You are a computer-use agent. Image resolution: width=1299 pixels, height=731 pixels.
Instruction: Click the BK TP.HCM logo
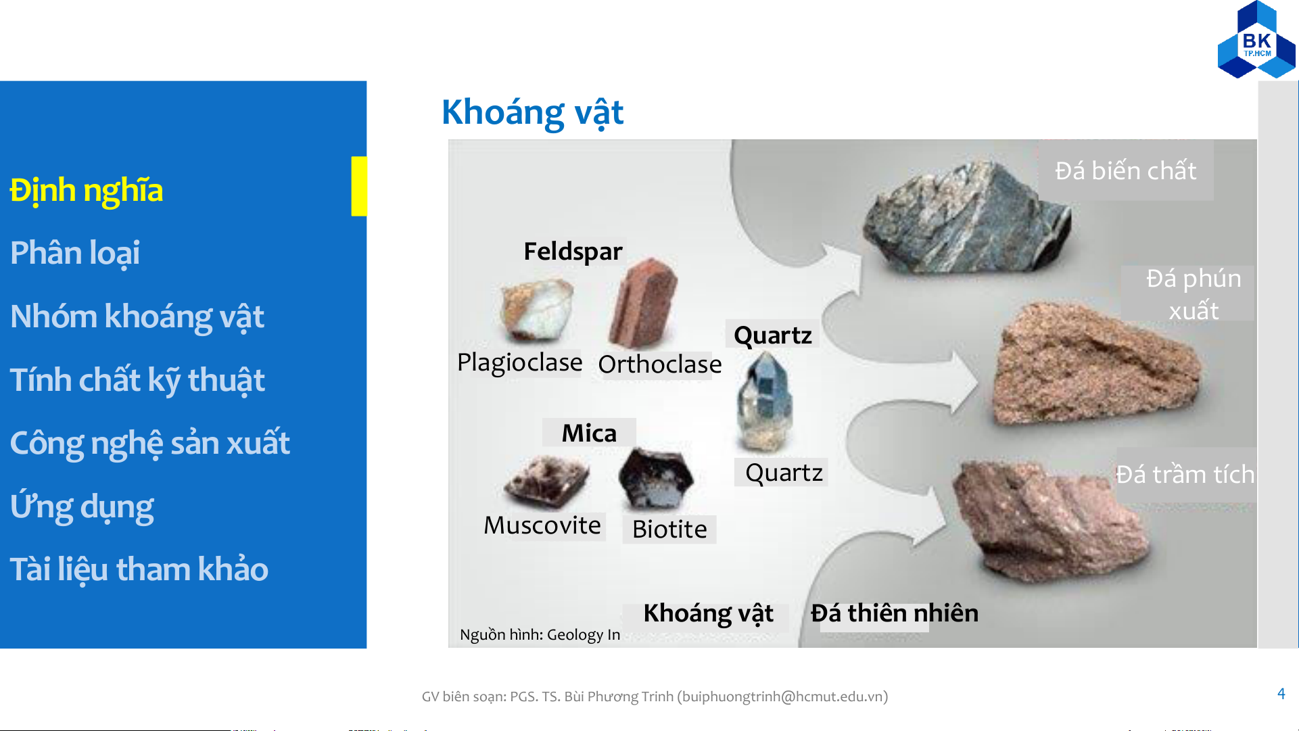tap(1256, 40)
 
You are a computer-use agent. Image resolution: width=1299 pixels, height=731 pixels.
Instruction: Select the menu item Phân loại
tap(75, 254)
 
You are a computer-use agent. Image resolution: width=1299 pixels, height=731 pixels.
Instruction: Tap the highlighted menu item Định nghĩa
tap(87, 191)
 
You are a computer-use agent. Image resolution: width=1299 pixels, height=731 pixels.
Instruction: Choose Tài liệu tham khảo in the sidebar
tap(139, 569)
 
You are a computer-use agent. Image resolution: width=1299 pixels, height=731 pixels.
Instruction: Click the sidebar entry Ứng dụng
tap(82, 507)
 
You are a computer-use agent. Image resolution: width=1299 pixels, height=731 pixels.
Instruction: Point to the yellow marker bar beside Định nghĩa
tap(359, 186)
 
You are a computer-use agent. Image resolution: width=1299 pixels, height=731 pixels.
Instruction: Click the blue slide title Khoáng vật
tap(532, 113)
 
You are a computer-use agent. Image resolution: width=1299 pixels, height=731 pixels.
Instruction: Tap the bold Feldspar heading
tap(573, 251)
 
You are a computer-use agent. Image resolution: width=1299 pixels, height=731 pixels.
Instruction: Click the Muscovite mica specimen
tap(546, 481)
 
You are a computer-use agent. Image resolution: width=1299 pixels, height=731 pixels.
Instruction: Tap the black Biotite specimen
tap(655, 479)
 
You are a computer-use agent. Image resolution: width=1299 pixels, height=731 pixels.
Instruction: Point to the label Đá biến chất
tap(1126, 170)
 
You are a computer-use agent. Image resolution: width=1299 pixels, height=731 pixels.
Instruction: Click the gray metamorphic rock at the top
tap(967, 218)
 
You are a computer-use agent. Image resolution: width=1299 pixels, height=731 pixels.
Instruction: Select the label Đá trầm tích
tap(1185, 475)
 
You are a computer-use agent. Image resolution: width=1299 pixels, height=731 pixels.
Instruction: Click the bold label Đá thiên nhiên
tap(895, 613)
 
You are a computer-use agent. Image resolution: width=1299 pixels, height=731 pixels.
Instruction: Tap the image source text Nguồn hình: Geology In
tap(540, 635)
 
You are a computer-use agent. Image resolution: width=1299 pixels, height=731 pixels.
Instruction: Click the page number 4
tap(1281, 694)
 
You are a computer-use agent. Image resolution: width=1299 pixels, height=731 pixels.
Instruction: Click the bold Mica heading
tap(589, 433)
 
